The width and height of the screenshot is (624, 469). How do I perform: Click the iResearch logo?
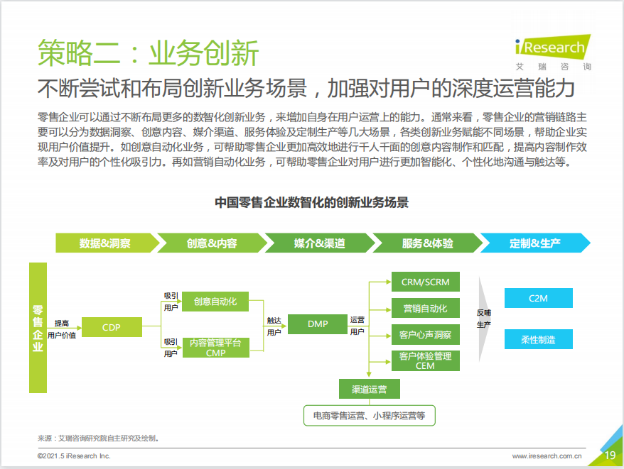point(553,52)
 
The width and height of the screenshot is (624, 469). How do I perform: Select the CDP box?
point(112,327)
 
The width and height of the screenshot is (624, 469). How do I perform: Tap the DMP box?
point(318,324)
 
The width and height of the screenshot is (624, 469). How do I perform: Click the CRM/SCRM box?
point(426,282)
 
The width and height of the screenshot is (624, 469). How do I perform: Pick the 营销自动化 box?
point(426,308)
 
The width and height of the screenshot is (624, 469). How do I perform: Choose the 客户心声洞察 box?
point(426,335)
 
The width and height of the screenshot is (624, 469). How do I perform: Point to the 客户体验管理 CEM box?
point(426,360)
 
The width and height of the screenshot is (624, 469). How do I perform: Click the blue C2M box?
point(539,298)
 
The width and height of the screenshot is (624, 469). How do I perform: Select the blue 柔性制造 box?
point(539,339)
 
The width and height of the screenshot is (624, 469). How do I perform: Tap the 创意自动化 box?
point(215,302)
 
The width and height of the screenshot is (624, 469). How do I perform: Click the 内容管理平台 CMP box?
point(215,348)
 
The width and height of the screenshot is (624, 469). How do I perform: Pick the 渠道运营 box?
point(370,389)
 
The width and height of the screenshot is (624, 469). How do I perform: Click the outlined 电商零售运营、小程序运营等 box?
point(370,415)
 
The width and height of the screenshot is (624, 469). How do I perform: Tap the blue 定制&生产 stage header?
point(535,243)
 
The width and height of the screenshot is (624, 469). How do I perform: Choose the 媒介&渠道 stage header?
point(320,243)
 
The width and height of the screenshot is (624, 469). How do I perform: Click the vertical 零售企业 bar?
point(38,328)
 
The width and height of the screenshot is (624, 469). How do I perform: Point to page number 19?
point(610,455)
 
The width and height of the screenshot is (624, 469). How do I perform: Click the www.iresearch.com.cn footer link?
point(547,456)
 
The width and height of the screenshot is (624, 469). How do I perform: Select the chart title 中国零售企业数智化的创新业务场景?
point(311,202)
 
